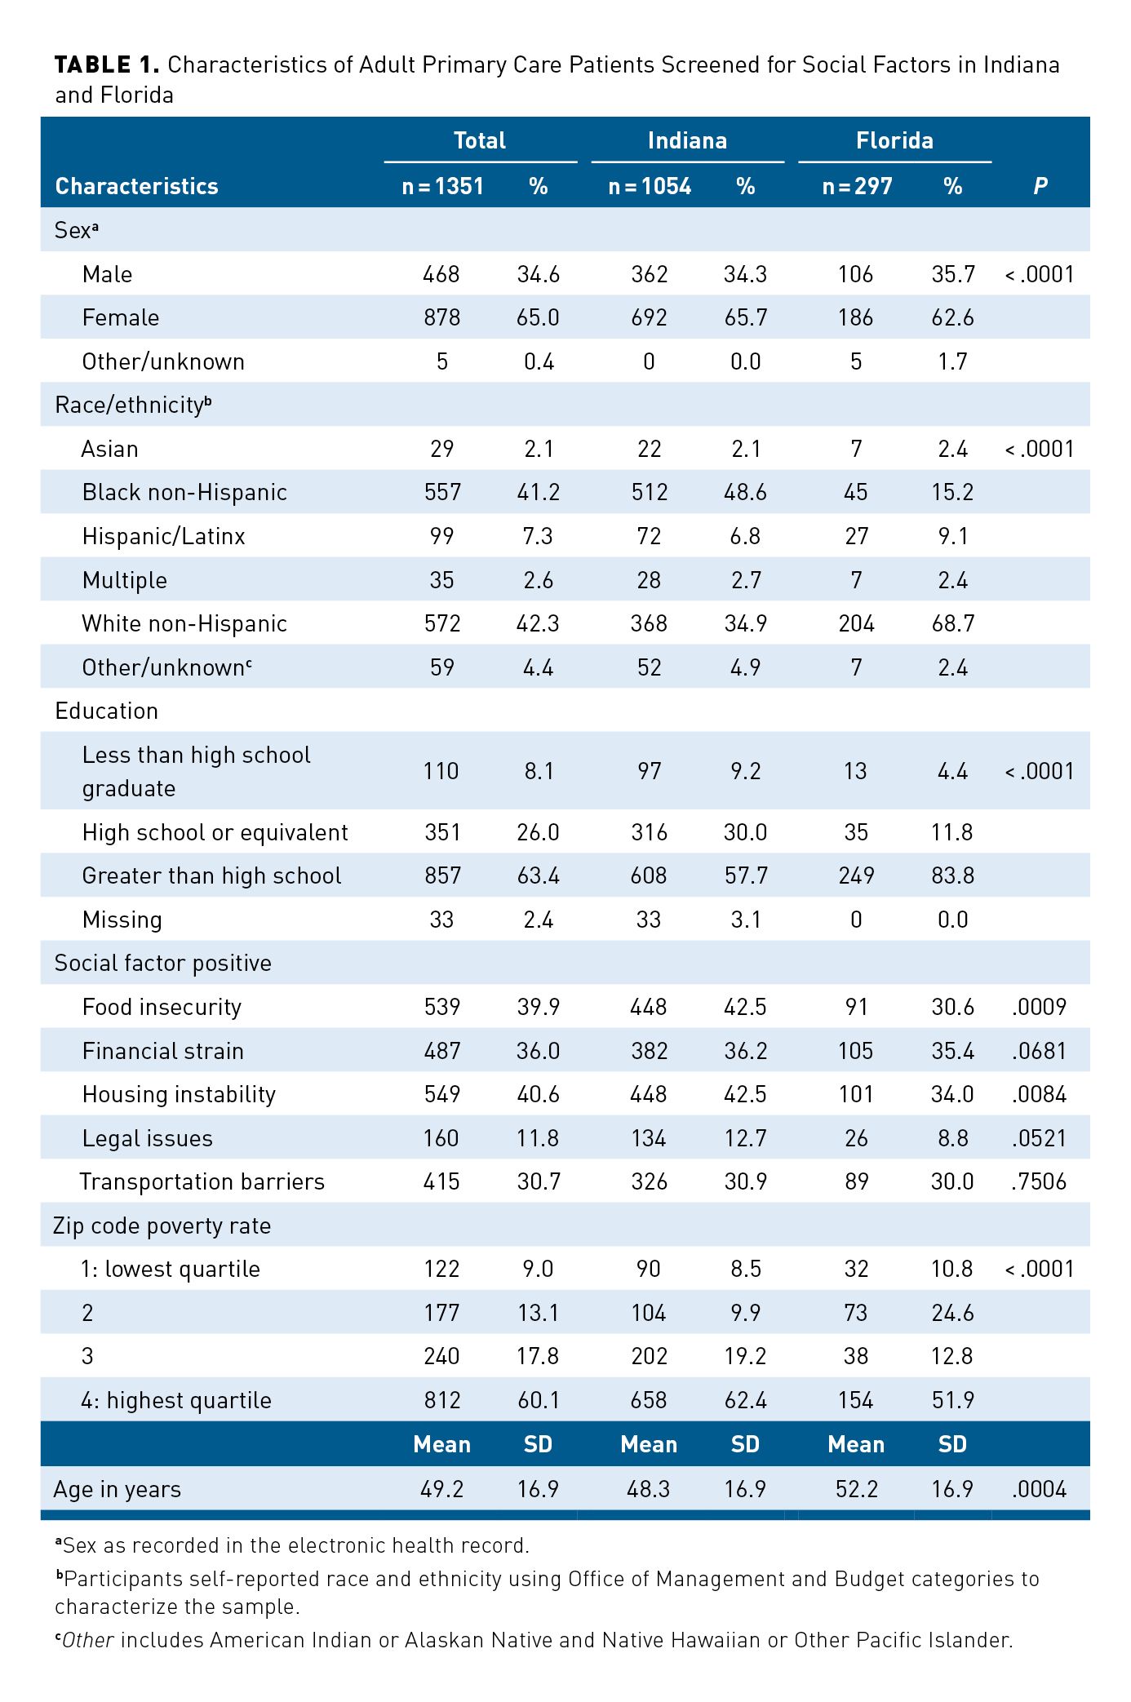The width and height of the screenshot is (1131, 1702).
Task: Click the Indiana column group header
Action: (x=687, y=140)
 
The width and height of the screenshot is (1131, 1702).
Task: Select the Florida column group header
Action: (x=894, y=140)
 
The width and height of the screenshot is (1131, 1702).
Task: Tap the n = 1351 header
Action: (x=442, y=187)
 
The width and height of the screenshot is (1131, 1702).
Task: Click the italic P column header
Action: (x=1040, y=187)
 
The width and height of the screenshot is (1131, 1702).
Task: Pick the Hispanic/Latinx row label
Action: (x=163, y=536)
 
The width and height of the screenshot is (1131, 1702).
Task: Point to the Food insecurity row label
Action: (x=162, y=1007)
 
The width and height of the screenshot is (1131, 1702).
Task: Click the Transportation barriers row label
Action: (x=202, y=1181)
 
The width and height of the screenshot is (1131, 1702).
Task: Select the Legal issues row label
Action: (x=147, y=1138)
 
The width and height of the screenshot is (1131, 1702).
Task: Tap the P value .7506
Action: (x=1039, y=1181)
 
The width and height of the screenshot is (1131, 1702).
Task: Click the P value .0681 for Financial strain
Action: (x=1039, y=1051)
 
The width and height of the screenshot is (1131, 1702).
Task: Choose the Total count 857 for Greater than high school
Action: (x=442, y=875)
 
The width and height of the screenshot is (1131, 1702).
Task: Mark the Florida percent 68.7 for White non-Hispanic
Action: (x=952, y=623)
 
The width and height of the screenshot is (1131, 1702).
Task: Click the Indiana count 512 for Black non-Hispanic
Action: (x=649, y=492)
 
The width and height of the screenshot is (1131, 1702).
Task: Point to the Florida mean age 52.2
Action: (x=856, y=1489)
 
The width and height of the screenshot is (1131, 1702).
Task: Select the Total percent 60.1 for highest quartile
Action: (x=538, y=1400)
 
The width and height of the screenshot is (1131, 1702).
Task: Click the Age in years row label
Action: (x=117, y=1489)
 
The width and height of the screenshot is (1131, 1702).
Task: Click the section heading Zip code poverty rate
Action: (x=162, y=1226)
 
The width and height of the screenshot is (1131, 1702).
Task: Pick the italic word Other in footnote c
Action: (x=88, y=1640)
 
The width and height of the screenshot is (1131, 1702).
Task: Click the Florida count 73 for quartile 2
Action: (x=856, y=1313)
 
